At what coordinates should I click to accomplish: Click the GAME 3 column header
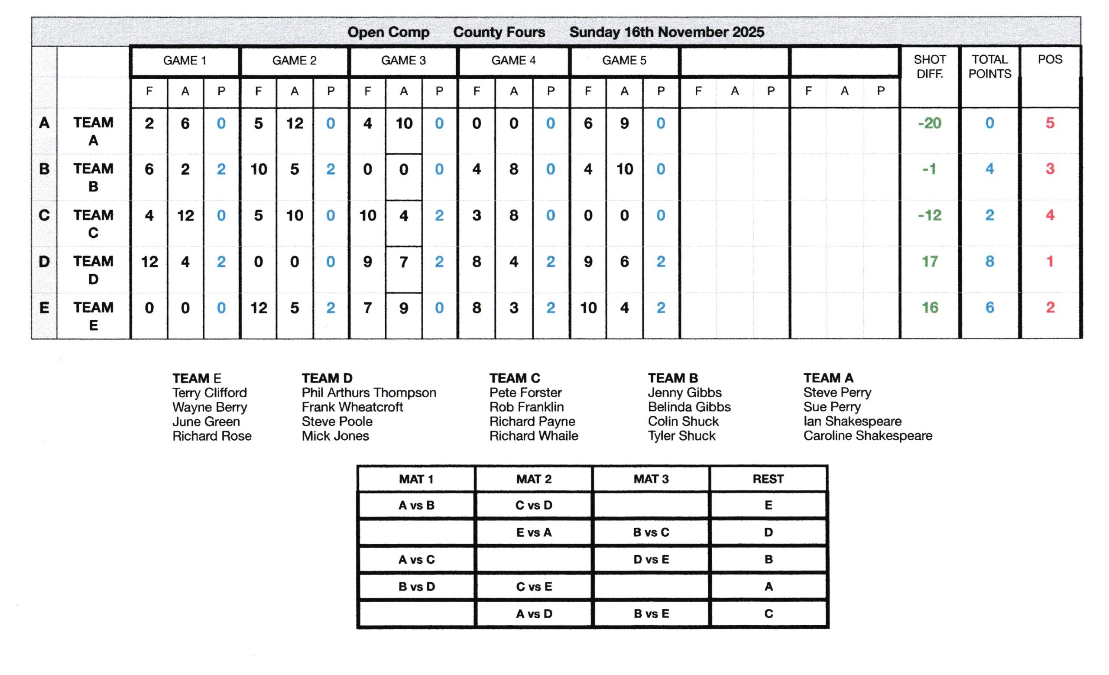coord(403,60)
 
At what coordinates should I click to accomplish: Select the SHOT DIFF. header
coord(929,67)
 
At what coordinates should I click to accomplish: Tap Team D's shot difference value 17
coord(929,261)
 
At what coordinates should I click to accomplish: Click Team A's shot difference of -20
coord(929,123)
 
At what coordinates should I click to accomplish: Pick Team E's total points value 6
coord(989,307)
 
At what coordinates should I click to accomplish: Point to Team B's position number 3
coord(1050,169)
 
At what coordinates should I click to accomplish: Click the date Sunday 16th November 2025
coord(667,32)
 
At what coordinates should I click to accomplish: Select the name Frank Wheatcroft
coord(352,407)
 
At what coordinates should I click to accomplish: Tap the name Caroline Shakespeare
coord(867,435)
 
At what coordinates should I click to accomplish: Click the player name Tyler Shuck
coord(681,435)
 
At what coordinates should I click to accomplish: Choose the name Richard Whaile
coord(533,435)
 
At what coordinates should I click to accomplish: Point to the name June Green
coord(206,421)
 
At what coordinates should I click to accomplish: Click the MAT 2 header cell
coord(533,479)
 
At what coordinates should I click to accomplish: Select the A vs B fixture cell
coord(416,505)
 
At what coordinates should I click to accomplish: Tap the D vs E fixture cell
coord(651,559)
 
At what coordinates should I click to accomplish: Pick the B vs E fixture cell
coord(651,613)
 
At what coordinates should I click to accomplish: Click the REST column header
coord(768,479)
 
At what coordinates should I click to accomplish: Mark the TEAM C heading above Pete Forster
coord(515,378)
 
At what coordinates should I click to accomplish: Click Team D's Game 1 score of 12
coord(149,261)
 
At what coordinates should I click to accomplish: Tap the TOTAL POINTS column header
coord(989,67)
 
